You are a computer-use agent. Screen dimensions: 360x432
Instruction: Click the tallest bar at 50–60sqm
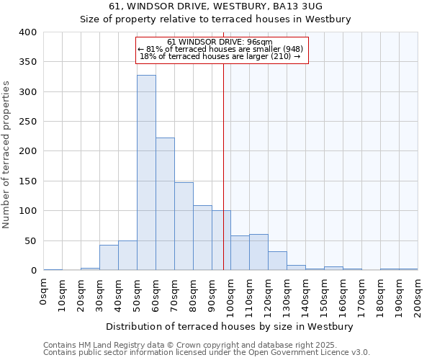(146, 173)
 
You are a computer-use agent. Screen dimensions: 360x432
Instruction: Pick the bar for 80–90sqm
(202, 238)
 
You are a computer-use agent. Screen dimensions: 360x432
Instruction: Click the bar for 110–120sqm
(258, 252)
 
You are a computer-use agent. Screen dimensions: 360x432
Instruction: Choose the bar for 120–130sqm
(277, 261)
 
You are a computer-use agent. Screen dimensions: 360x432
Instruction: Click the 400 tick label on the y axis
(28, 32)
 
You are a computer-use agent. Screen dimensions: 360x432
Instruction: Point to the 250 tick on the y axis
(28, 122)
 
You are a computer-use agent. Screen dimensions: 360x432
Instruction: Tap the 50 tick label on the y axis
(31, 240)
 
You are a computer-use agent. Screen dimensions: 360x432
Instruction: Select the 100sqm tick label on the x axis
(230, 297)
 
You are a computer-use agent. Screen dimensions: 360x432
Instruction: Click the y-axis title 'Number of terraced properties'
(7, 155)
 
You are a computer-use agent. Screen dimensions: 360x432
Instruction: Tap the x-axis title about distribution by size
(230, 326)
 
